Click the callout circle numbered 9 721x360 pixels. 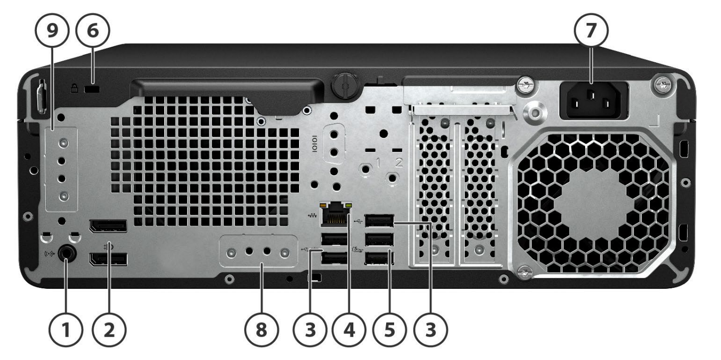point(52,31)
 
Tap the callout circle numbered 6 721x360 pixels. point(93,31)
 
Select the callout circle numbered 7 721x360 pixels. point(591,31)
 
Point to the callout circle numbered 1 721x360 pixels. point(66,330)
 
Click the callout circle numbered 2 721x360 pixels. point(109,330)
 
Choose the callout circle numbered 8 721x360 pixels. point(261,330)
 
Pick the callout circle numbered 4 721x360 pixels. point(349,330)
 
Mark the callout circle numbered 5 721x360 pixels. point(390,330)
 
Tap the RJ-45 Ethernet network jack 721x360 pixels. point(335,215)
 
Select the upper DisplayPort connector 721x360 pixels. point(108,226)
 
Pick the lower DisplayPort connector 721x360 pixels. point(108,260)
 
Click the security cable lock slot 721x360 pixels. point(92,89)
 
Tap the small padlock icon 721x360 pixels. point(74,89)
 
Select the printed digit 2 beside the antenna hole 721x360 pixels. point(399,163)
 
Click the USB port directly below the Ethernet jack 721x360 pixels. point(334,239)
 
